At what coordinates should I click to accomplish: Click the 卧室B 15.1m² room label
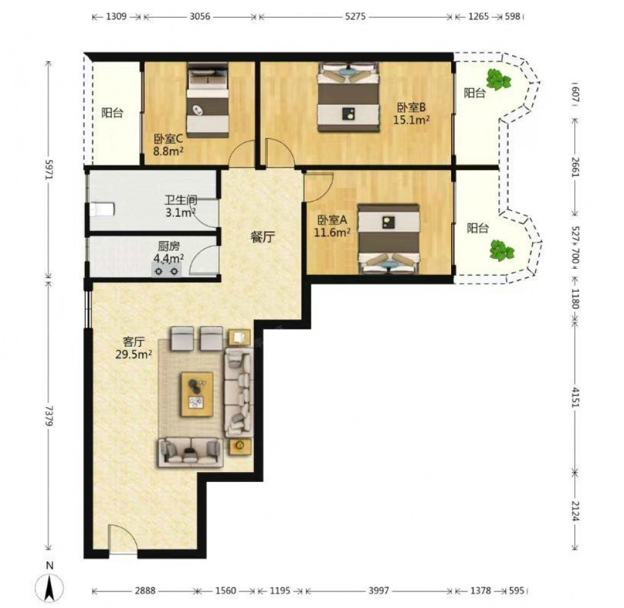411,113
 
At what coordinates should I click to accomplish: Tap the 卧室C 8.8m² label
168,145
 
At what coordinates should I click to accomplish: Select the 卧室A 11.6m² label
333,226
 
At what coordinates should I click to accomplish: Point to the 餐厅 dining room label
263,238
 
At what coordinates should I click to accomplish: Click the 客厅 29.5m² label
134,349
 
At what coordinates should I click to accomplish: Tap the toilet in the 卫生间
102,210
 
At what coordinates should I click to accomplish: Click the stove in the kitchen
167,271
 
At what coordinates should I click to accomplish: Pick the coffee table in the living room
197,394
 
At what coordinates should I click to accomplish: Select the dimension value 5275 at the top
356,17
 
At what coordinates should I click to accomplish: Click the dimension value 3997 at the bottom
379,591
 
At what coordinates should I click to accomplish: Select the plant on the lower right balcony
502,251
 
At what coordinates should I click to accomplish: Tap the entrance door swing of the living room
122,538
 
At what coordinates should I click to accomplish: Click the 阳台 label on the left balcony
112,113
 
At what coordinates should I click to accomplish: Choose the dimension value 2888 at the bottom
145,591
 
